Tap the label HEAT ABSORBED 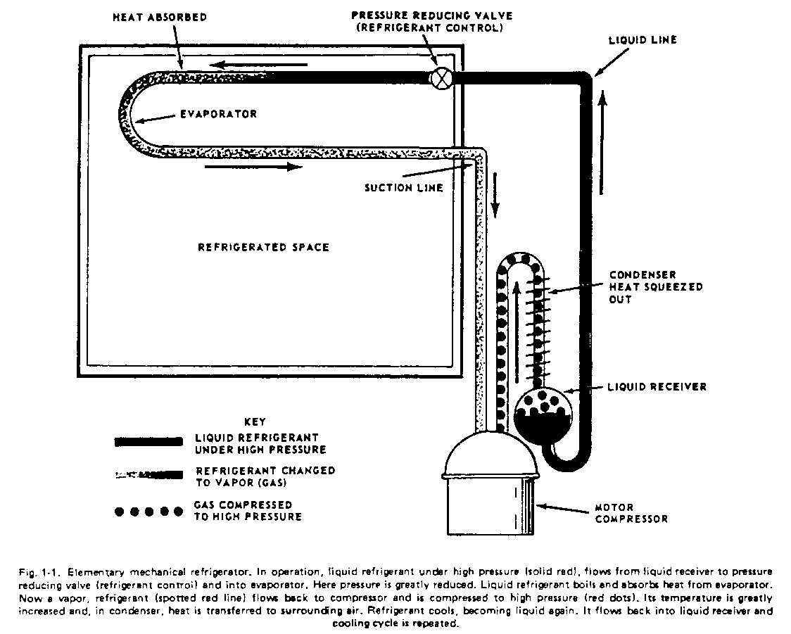160,18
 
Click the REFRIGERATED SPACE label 263,248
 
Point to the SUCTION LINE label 404,188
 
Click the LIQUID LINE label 642,40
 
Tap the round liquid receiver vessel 542,414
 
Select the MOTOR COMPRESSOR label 631,513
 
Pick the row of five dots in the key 144,511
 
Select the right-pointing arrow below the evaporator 253,167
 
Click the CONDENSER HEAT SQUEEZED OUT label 655,287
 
